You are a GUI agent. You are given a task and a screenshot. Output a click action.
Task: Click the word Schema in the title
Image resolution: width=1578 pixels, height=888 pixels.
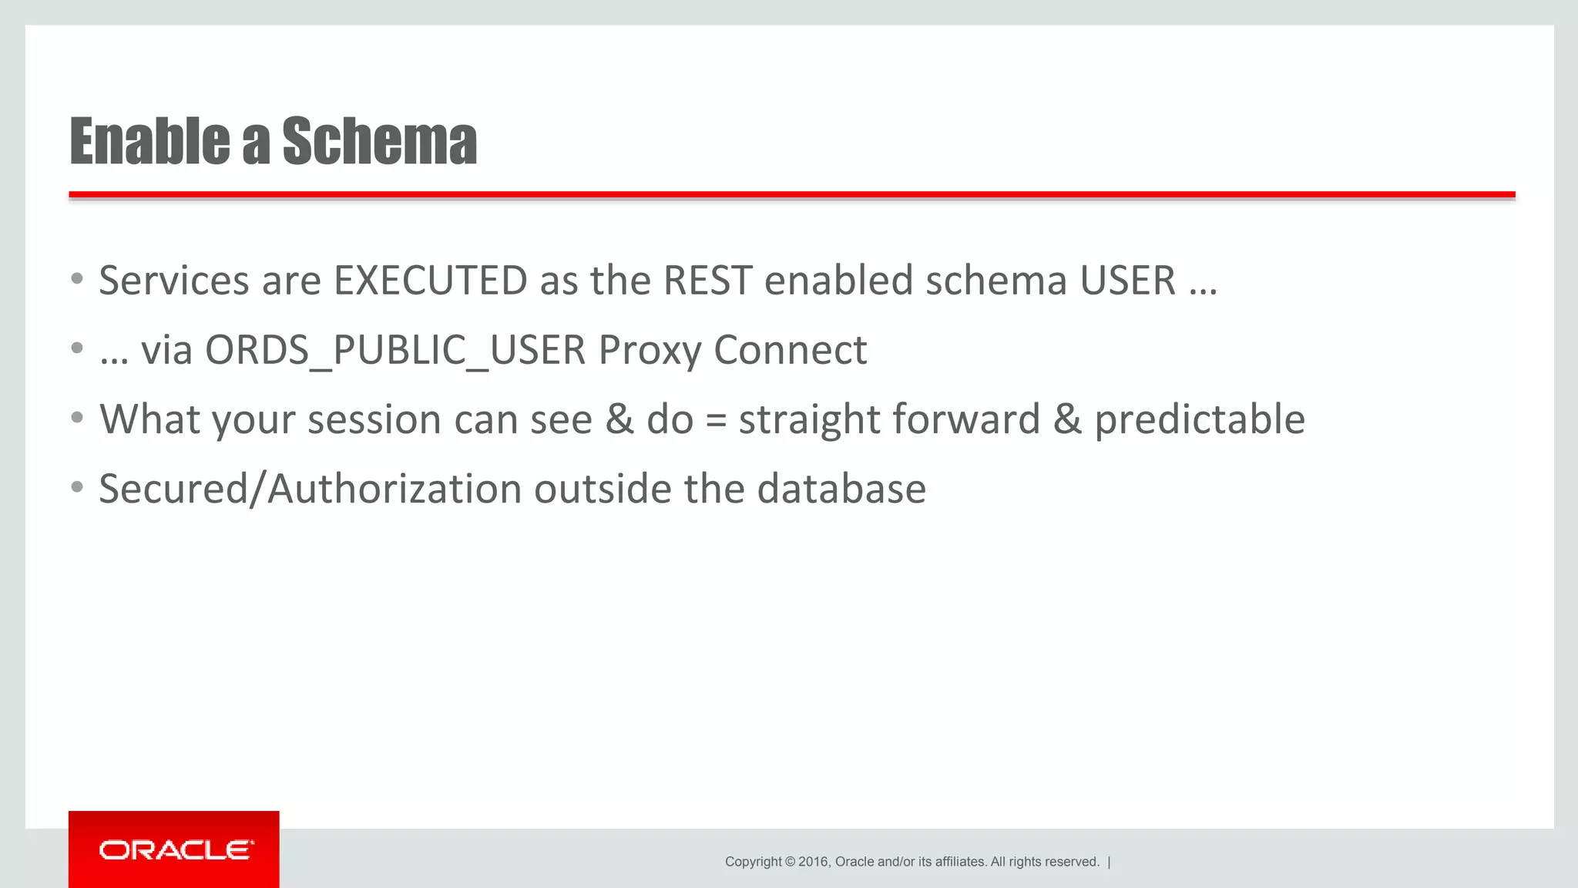379,142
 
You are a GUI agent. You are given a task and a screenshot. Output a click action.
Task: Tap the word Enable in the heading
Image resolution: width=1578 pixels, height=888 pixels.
149,142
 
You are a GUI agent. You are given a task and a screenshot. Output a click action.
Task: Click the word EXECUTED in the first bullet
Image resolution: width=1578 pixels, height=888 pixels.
430,281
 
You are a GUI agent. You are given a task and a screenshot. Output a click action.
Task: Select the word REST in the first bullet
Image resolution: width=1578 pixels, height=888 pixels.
707,281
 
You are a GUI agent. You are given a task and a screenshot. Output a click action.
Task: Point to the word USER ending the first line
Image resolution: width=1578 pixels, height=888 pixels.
1127,281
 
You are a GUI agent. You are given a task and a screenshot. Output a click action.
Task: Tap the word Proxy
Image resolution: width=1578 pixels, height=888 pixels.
650,351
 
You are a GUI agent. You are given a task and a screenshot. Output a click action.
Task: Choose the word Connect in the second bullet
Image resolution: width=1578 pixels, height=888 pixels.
790,351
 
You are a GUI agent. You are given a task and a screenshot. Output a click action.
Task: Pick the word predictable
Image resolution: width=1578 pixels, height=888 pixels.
1200,420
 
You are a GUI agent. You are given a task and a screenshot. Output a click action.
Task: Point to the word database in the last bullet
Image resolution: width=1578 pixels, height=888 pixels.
841,489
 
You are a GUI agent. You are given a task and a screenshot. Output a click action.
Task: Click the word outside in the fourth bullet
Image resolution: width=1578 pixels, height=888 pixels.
603,489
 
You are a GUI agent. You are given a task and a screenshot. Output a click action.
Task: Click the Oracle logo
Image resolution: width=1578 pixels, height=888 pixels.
174,850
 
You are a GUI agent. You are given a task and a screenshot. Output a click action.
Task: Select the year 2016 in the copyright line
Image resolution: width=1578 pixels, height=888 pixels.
813,862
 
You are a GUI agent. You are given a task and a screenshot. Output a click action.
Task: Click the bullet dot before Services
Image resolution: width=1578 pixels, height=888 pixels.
76,280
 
